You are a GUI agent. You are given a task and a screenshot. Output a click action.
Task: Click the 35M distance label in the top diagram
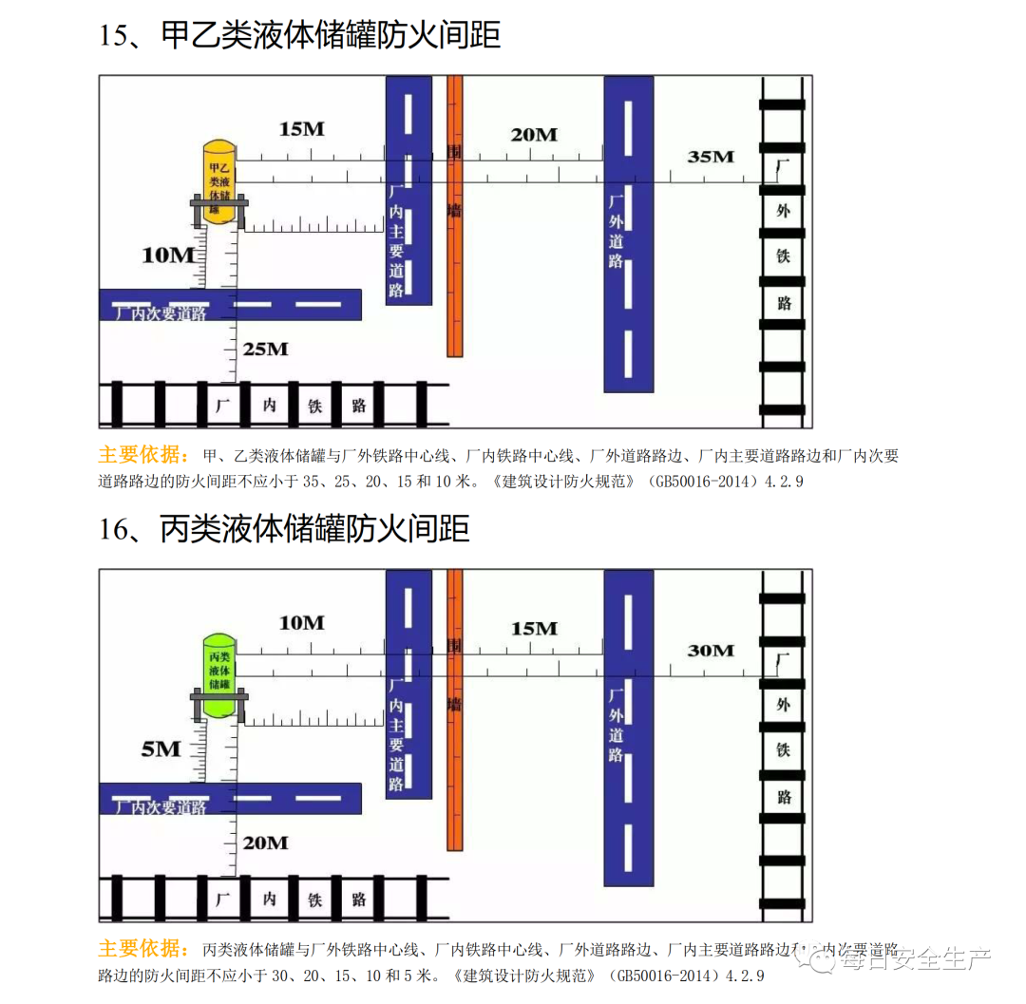pyautogui.click(x=711, y=157)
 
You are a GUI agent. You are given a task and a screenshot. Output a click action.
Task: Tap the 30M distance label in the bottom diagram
pyautogui.click(x=711, y=651)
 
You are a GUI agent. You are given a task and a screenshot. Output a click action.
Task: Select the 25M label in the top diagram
pyautogui.click(x=265, y=350)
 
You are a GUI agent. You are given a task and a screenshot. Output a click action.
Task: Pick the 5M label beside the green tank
pyautogui.click(x=161, y=749)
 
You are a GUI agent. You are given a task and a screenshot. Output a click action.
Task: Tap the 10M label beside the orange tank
pyautogui.click(x=168, y=255)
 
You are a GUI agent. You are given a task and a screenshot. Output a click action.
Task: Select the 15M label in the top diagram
pyautogui.click(x=302, y=129)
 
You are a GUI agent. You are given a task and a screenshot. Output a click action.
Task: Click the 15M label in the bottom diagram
pyautogui.click(x=534, y=629)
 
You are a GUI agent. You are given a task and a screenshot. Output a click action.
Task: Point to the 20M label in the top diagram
pyautogui.click(x=534, y=135)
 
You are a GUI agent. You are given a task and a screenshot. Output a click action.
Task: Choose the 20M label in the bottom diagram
pyautogui.click(x=265, y=843)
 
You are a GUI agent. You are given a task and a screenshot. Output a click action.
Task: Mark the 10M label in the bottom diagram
pyautogui.click(x=302, y=623)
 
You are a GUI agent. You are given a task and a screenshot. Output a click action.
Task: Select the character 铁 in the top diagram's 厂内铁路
pyautogui.click(x=315, y=406)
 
